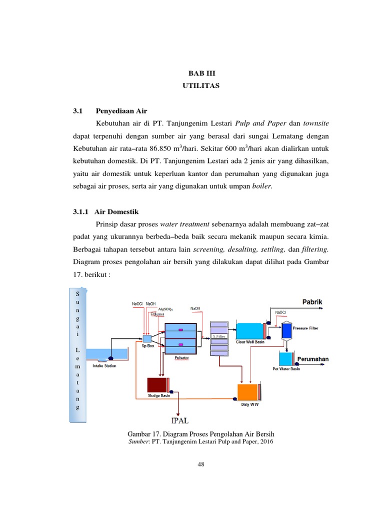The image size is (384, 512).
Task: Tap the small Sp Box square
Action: coord(147,338)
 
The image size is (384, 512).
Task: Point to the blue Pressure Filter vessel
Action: coord(287,329)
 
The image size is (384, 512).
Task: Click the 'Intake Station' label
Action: coord(104,366)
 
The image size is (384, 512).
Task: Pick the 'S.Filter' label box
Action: coord(219,337)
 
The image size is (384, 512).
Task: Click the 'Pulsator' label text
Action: coord(181,358)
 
